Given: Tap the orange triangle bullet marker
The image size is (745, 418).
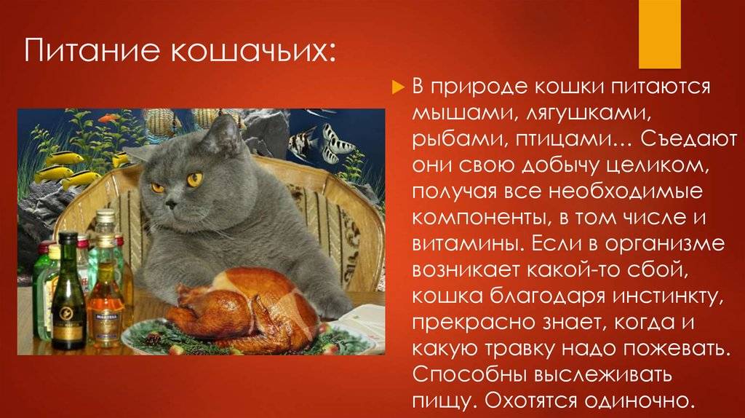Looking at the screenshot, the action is pyautogui.click(x=398, y=87).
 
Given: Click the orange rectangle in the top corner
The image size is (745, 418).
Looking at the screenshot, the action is pyautogui.click(x=659, y=33).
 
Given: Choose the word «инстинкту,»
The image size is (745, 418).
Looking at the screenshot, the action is pyautogui.click(x=668, y=296).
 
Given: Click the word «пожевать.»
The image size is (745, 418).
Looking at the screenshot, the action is pyautogui.click(x=676, y=349).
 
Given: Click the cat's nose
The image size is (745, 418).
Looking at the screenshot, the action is pyautogui.click(x=170, y=203).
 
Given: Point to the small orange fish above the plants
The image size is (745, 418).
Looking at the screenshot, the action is pyautogui.click(x=108, y=117).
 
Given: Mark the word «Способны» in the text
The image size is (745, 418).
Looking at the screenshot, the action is pyautogui.click(x=469, y=374).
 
